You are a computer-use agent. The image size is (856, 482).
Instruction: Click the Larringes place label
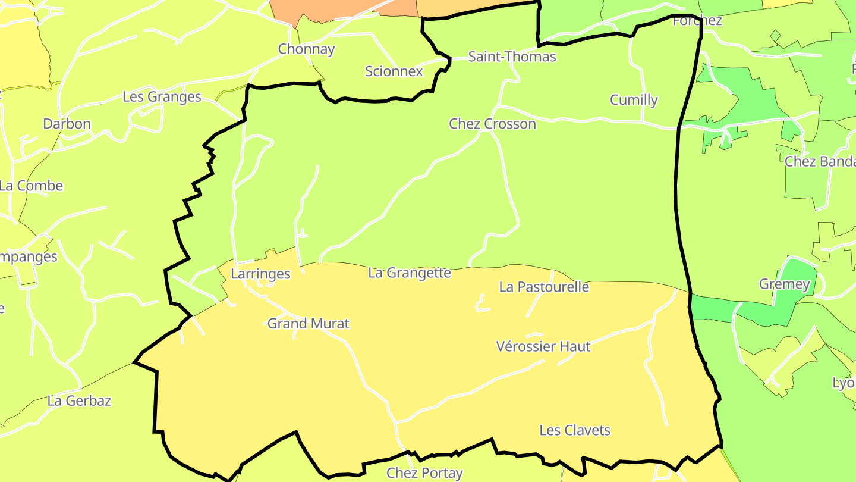tap(260, 274)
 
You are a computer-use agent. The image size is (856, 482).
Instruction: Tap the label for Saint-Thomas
tap(512, 57)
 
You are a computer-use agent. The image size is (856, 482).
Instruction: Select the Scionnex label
tap(394, 71)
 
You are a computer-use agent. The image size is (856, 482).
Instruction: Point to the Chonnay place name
tap(306, 49)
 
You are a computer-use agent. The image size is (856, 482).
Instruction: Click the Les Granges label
tap(162, 96)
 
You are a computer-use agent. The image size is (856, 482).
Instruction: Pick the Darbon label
tap(67, 124)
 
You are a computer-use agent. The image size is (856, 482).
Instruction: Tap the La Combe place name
tap(31, 186)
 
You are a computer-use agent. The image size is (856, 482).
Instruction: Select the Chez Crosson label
tap(492, 124)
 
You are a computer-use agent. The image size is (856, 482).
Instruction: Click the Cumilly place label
tap(634, 99)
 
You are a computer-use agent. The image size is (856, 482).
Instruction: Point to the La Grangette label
tap(410, 273)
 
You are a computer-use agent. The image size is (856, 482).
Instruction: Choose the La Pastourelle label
tap(544, 287)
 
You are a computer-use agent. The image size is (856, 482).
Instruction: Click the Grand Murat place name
tap(308, 323)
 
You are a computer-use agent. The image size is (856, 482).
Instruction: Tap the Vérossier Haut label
tap(543, 346)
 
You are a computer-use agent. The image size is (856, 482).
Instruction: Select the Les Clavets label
tap(574, 430)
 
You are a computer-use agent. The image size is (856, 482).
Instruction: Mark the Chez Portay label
tap(424, 473)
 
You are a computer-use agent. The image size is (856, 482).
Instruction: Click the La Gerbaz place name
tap(79, 400)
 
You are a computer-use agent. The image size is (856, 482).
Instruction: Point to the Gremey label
tap(784, 284)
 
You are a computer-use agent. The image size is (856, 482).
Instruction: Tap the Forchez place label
tap(697, 21)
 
